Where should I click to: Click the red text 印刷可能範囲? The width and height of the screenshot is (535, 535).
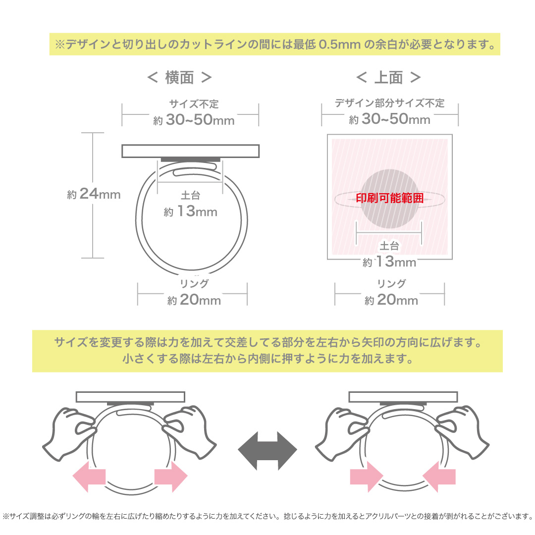click(x=390, y=198)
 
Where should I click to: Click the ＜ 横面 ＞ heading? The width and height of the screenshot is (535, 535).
click(x=180, y=77)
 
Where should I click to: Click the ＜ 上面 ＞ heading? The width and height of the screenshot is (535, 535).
click(x=389, y=77)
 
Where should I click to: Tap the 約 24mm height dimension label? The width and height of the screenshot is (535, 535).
click(x=94, y=194)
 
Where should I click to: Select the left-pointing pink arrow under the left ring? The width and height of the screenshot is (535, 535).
click(x=89, y=476)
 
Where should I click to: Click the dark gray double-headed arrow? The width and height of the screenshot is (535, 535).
click(x=267, y=450)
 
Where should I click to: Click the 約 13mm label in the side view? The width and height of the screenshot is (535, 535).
click(x=191, y=212)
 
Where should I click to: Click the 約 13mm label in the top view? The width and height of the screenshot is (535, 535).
click(x=389, y=262)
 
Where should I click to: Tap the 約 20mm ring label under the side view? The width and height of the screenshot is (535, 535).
click(x=194, y=300)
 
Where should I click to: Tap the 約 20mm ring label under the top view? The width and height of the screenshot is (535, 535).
click(x=391, y=300)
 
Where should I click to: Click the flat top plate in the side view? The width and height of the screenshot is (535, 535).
click(x=191, y=151)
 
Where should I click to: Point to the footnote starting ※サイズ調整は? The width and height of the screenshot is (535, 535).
click(x=267, y=516)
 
